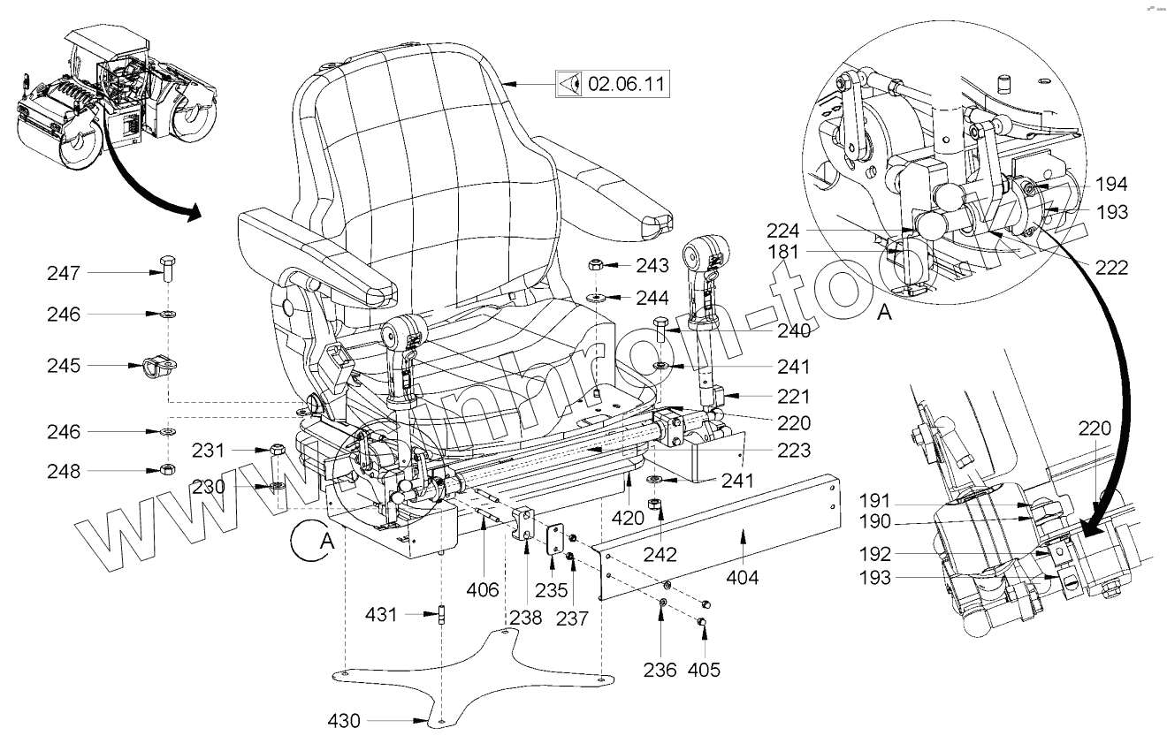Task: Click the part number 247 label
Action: (x=64, y=274)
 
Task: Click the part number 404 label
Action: (x=743, y=579)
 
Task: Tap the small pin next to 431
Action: (x=441, y=614)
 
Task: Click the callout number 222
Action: (x=1111, y=267)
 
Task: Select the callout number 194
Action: (x=1111, y=185)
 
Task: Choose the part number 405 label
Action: (x=704, y=670)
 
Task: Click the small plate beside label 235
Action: (x=555, y=540)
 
